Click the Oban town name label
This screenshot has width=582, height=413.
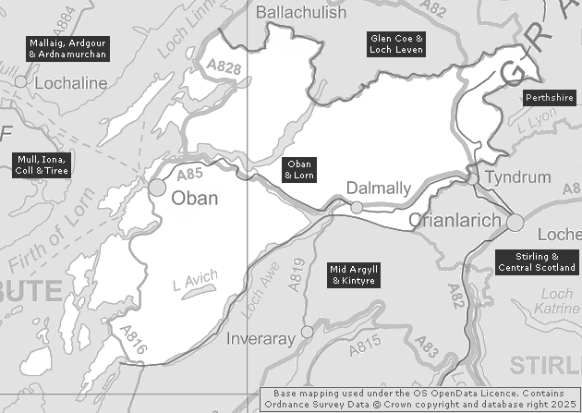(196, 198)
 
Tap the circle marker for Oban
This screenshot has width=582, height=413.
(158, 188)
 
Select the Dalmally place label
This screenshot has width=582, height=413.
(378, 188)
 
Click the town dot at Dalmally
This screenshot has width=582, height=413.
(357, 207)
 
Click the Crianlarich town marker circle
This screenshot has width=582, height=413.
(515, 222)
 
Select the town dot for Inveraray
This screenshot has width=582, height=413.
(308, 330)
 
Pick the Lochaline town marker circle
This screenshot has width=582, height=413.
(20, 81)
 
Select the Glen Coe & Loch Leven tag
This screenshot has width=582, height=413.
(396, 43)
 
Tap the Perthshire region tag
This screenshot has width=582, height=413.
(549, 98)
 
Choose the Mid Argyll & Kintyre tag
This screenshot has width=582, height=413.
(355, 274)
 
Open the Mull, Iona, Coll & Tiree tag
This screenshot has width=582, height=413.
(41, 164)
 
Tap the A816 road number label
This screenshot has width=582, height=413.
(132, 340)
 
